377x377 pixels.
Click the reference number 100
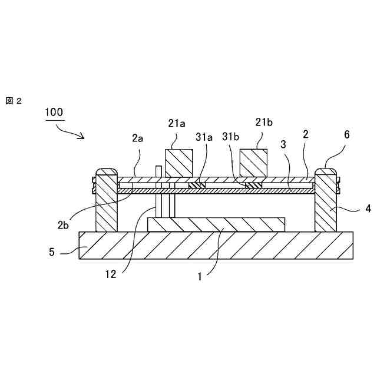[54, 111]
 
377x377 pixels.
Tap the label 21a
[177, 123]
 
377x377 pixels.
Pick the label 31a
[204, 137]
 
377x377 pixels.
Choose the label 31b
[232, 137]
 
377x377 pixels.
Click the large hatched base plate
[216, 245]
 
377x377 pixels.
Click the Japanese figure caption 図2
[13, 101]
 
